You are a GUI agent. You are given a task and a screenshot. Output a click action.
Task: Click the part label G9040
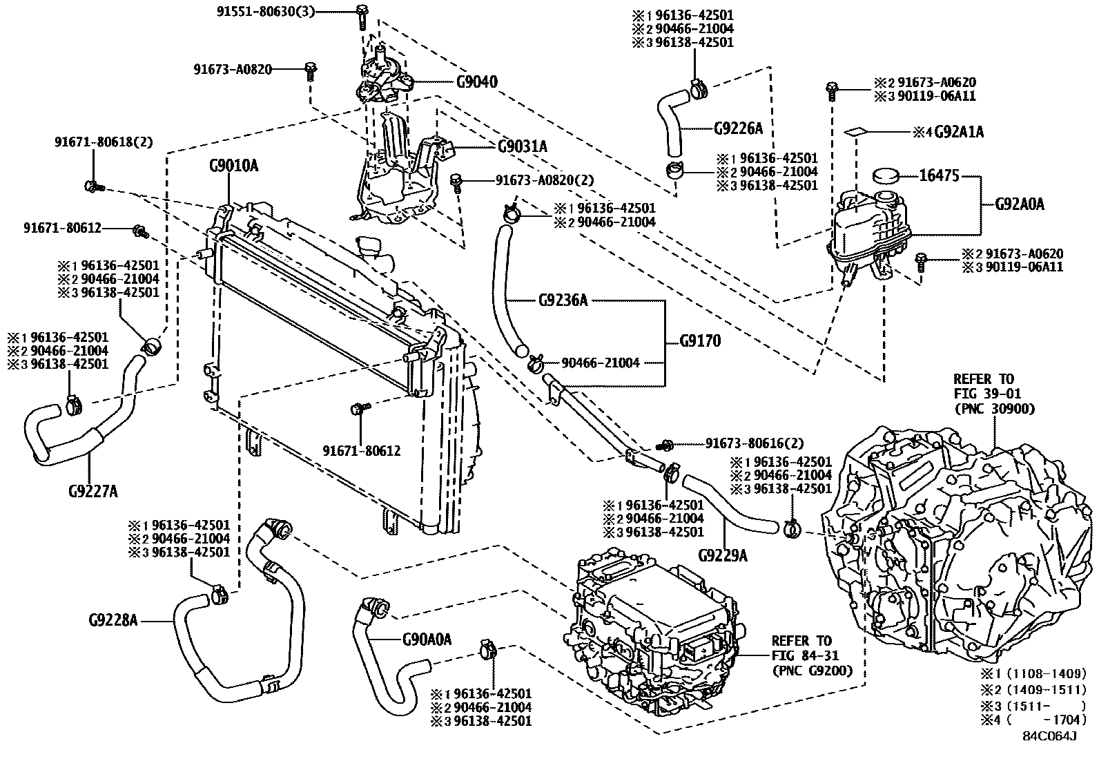coord(476,82)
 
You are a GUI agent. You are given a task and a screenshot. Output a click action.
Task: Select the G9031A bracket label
coord(522,146)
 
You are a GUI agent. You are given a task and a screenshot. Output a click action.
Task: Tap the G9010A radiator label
coord(233,166)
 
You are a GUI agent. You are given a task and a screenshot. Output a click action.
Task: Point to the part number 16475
coord(939,176)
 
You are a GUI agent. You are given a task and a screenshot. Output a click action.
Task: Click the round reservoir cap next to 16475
coord(888,175)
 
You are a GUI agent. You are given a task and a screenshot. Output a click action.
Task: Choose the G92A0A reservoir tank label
coord(1019,204)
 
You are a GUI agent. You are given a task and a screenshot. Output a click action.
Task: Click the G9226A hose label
coord(738,128)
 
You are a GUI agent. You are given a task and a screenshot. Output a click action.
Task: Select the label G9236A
coord(563,300)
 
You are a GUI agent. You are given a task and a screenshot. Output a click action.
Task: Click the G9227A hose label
coord(93,491)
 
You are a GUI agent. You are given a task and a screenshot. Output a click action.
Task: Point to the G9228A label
coord(113,620)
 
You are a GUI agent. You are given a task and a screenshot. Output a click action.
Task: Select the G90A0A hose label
coord(427,639)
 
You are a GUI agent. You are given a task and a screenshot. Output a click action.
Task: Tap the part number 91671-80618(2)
coord(104,142)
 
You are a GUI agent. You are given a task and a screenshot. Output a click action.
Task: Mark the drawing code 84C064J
coord(1049,736)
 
